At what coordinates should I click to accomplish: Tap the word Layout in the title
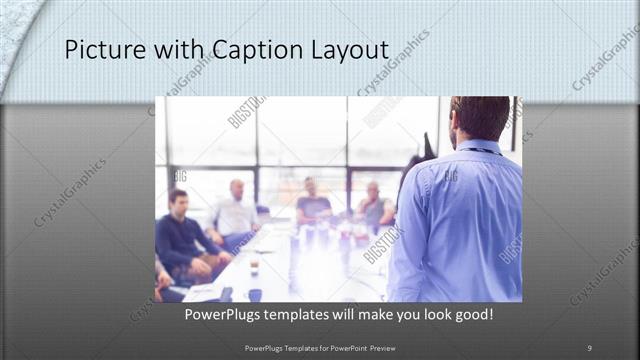(x=345, y=50)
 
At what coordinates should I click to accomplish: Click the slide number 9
(x=589, y=347)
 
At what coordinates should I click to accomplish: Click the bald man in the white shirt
(x=236, y=212)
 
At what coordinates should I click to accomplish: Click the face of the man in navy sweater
(x=179, y=202)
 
